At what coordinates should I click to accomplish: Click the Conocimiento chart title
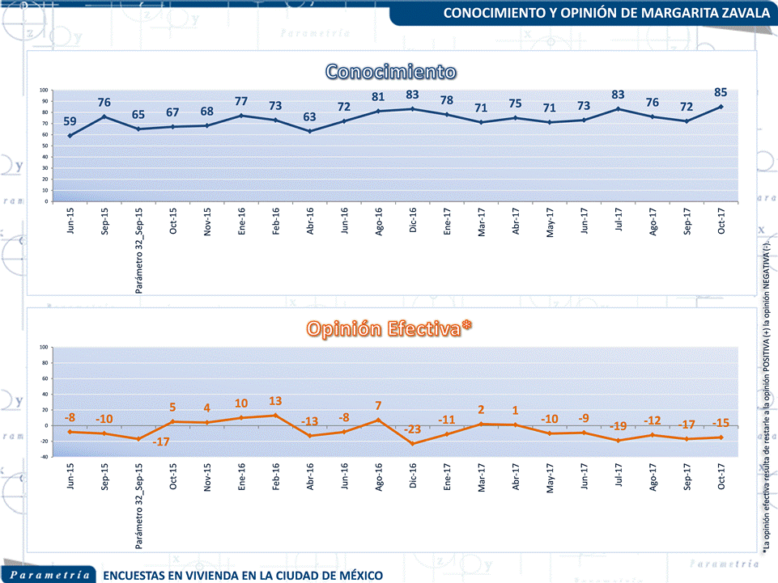coord(390,71)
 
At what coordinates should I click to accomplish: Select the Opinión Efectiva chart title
coord(389,328)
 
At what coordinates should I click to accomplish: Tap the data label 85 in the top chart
coord(721,91)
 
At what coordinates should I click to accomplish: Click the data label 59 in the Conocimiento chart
coord(70,121)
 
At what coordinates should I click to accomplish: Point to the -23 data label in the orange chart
coord(413,429)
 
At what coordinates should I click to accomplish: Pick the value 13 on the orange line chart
coord(275,401)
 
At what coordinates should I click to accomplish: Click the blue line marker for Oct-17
coord(721,107)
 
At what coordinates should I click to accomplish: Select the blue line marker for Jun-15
coord(70,136)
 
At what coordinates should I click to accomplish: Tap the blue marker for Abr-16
coord(310,131)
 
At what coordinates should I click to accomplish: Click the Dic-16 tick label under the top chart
coord(413,219)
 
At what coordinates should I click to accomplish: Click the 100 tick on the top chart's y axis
coord(45,91)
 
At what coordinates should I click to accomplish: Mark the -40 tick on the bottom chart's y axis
coord(45,457)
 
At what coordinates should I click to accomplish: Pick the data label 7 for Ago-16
coord(378,405)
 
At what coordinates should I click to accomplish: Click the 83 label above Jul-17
coord(618,94)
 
